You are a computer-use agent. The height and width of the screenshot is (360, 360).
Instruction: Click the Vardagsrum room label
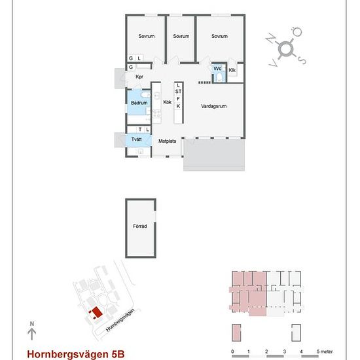tap(214, 106)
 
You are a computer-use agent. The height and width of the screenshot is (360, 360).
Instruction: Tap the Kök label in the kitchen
tap(167, 102)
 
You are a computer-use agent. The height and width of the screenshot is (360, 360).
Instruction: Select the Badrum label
tap(139, 103)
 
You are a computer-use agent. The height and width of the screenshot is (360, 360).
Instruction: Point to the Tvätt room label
tap(136, 139)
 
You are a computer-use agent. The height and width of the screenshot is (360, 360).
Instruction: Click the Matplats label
tap(168, 141)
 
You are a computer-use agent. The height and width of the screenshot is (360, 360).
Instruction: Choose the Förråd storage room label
tap(140, 226)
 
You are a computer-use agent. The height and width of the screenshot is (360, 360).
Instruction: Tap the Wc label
tap(217, 69)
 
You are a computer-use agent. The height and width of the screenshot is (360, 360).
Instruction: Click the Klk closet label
tap(232, 70)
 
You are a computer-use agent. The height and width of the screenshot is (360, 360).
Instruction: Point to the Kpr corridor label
tap(139, 77)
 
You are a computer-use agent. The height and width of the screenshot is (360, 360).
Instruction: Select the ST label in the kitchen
tap(179, 92)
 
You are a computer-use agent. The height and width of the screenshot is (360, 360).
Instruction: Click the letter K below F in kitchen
tap(178, 106)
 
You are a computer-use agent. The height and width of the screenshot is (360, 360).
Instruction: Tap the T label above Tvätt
tap(140, 130)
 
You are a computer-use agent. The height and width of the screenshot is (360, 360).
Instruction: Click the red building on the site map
tap(96, 313)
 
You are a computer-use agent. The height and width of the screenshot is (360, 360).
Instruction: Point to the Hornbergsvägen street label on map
tap(120, 320)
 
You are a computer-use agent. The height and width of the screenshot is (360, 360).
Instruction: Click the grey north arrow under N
tap(31, 334)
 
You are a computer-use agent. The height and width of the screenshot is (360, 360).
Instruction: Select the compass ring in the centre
tap(286, 48)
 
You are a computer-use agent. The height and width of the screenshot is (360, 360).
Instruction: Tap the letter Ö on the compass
tap(297, 31)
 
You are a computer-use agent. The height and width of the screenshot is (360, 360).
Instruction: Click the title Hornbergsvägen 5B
tap(76, 354)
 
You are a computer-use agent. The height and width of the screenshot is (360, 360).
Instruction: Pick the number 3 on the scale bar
tap(285, 351)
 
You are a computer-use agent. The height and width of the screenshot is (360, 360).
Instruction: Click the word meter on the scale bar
tap(327, 351)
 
